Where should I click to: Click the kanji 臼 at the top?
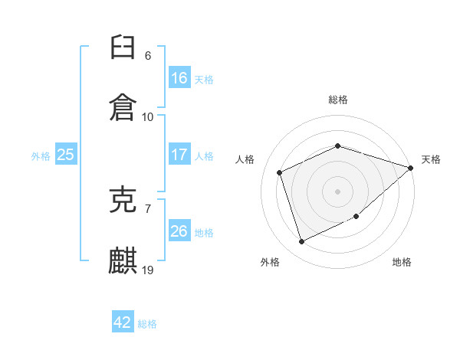pyautogui.click(x=123, y=47)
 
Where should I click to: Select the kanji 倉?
pyautogui.click(x=123, y=107)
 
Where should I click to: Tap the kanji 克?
pyautogui.click(x=123, y=200)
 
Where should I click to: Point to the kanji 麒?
pyautogui.click(x=123, y=260)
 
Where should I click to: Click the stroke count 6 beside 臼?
pyautogui.click(x=148, y=56)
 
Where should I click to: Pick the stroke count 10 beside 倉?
pyautogui.click(x=147, y=117)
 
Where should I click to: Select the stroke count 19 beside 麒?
pyautogui.click(x=147, y=270)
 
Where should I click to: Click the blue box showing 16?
pyautogui.click(x=179, y=77)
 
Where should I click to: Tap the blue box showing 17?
pyautogui.click(x=179, y=154)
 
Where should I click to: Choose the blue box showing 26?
pyautogui.click(x=179, y=230)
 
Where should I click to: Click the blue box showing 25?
pyautogui.click(x=66, y=154)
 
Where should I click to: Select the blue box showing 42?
pyautogui.click(x=123, y=321)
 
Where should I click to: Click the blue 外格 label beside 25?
pyautogui.click(x=41, y=156)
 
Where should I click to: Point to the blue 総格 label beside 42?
pyautogui.click(x=147, y=324)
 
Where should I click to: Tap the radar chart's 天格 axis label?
pyautogui.click(x=431, y=159)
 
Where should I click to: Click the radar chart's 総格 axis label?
pyautogui.click(x=338, y=100)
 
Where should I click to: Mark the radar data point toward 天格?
pyautogui.click(x=411, y=168)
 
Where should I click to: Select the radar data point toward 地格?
pyautogui.click(x=356, y=216)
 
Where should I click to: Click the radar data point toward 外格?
pyautogui.click(x=301, y=241)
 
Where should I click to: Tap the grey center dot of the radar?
pyautogui.click(x=337, y=191)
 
